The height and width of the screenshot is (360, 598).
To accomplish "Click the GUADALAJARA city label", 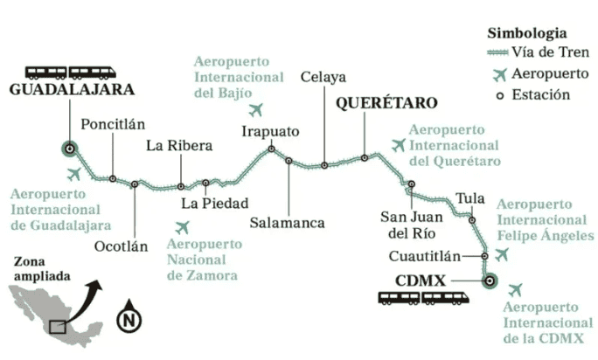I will [72, 89].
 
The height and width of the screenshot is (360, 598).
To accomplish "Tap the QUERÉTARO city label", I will [386, 103].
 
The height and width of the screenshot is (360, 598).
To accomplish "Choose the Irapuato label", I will [270, 132].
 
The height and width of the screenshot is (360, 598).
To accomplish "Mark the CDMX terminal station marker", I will [489, 280].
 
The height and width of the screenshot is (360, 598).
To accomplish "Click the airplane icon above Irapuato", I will [256, 110].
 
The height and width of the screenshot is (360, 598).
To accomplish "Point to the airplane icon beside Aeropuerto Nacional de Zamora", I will [181, 227].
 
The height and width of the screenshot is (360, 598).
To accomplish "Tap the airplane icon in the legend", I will [499, 73].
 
